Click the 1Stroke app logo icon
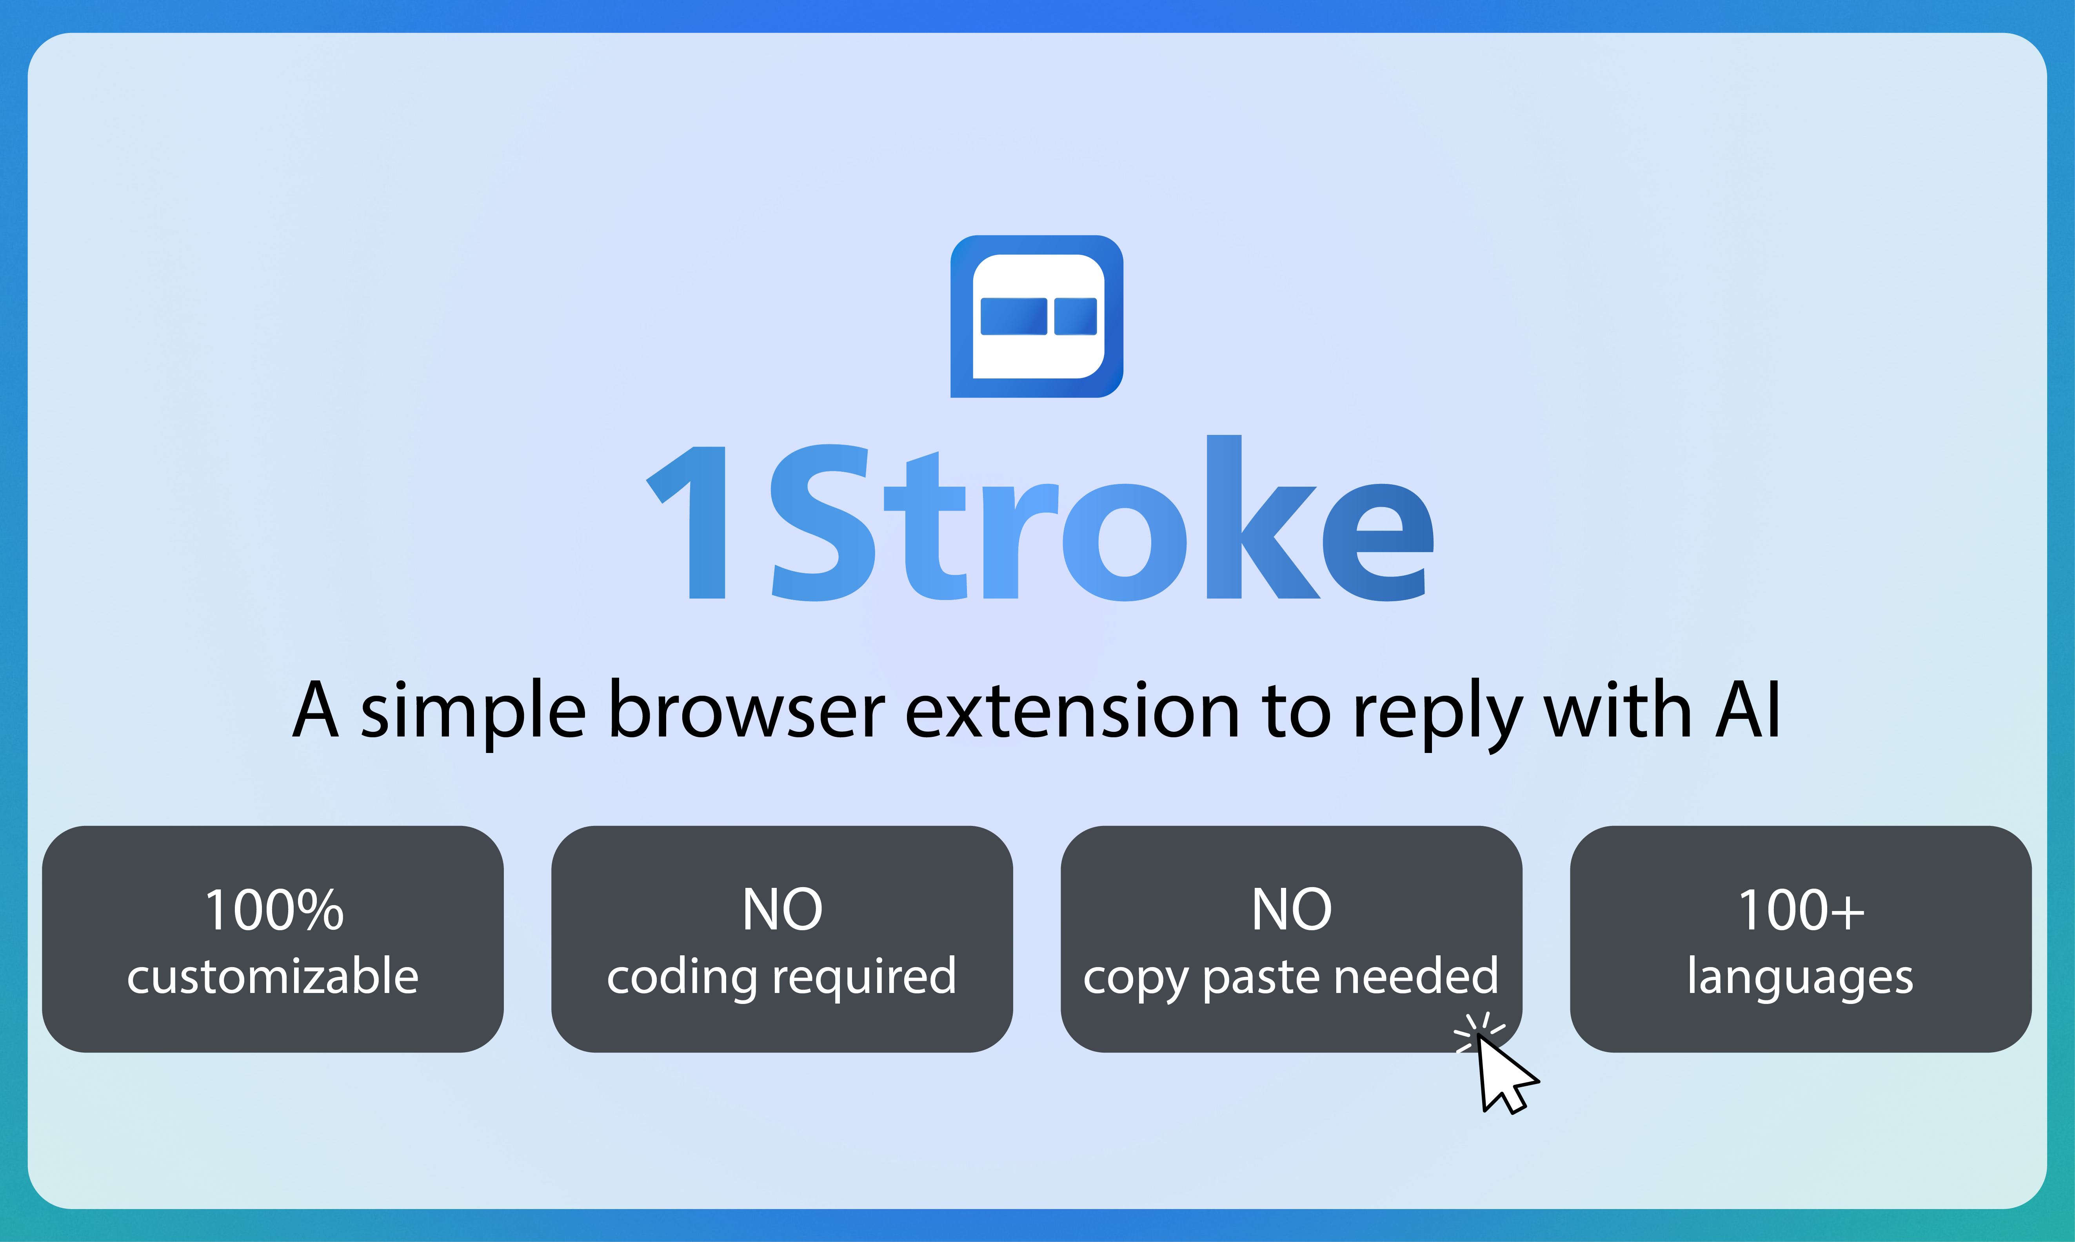(x=1037, y=316)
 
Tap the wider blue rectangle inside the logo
(x=1013, y=316)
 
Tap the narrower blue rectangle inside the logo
(x=1075, y=316)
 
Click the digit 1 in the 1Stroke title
(x=693, y=523)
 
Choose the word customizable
(x=273, y=977)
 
